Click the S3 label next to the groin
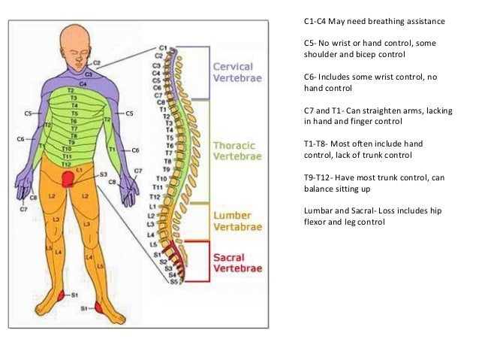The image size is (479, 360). coord(103,174)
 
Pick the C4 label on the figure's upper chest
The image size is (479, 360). coord(83,84)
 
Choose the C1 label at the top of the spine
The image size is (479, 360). coord(164,48)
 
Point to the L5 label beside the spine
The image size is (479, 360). coord(154,244)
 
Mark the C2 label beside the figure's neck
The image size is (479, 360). coord(97,62)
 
